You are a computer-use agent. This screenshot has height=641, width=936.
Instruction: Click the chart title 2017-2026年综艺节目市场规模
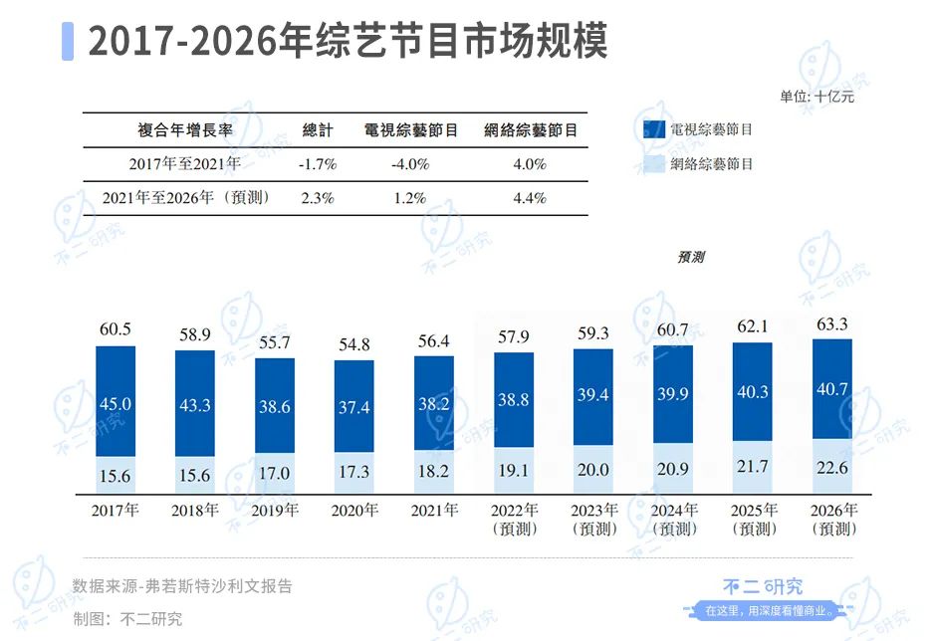click(348, 42)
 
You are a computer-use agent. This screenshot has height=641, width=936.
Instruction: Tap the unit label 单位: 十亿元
click(817, 97)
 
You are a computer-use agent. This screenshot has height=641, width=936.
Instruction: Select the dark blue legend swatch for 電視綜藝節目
click(653, 129)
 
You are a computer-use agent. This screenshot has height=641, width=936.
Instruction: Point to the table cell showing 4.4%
click(529, 197)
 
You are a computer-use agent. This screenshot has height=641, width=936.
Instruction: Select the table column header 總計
click(318, 130)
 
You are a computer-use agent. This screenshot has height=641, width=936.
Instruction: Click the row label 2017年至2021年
click(184, 163)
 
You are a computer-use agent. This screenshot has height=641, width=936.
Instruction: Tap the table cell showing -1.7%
click(318, 163)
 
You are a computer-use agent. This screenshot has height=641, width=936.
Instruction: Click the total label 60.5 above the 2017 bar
click(116, 328)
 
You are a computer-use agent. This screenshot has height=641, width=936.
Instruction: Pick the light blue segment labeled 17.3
click(354, 475)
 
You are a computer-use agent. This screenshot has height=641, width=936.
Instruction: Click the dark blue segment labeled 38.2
click(434, 403)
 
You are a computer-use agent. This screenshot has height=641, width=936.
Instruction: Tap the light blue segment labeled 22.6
click(832, 466)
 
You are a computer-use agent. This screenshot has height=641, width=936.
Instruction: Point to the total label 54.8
click(354, 344)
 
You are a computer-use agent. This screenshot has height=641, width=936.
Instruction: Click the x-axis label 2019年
click(275, 511)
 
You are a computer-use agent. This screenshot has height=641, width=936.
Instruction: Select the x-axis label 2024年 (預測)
click(673, 519)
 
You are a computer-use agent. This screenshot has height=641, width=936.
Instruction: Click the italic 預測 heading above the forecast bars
click(691, 257)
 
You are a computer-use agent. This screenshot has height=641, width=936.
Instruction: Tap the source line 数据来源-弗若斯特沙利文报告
click(182, 586)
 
